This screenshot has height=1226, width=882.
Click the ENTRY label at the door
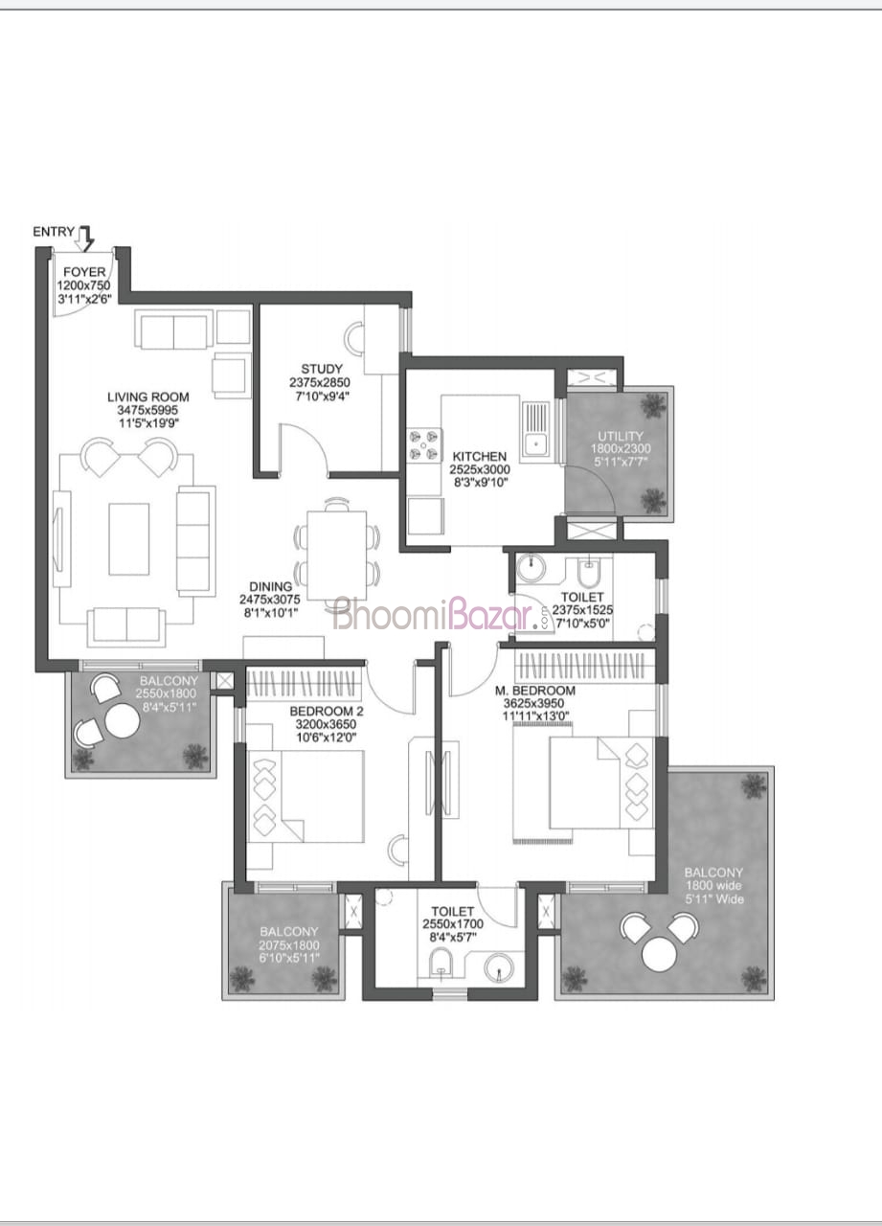coord(54,232)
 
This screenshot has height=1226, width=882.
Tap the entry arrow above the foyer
coord(85,238)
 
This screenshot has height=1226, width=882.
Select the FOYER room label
coord(84,271)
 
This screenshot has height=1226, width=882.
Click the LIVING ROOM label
coord(148,397)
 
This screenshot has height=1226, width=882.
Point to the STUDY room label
coord(322,369)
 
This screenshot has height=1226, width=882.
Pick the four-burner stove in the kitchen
coord(424,445)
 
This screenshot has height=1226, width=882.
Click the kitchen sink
coord(535,430)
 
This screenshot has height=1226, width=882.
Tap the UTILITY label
coord(621,436)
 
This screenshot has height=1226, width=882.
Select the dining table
coord(337,556)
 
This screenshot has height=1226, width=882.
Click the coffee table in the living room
coord(129,539)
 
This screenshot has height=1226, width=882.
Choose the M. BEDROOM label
coord(535,691)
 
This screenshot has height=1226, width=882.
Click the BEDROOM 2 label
coord(327,712)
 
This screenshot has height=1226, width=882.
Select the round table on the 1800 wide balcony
coord(660,954)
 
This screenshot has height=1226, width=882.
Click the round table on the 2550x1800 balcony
coord(122,721)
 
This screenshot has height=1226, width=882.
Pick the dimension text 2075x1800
coord(289,944)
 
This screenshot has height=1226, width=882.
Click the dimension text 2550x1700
coord(453,924)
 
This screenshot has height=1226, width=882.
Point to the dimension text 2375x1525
coord(582,610)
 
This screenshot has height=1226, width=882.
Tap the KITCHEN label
coord(479,457)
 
